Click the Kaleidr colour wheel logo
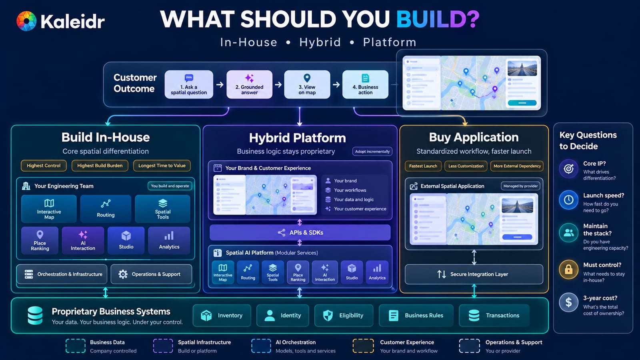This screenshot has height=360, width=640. point(26,21)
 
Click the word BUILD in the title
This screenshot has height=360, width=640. point(438,19)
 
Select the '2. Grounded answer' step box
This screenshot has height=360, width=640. point(250,84)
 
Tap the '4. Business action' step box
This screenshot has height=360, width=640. point(365,84)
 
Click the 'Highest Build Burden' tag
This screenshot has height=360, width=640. point(100,166)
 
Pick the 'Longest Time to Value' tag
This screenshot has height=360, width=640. point(162,166)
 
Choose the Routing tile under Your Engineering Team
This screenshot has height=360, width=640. point(106,208)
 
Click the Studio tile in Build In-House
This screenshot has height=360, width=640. point(126,240)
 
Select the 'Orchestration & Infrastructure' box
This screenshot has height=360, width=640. point(62,274)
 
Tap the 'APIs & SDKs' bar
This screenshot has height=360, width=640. point(300,232)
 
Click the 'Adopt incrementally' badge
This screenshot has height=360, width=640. point(372,152)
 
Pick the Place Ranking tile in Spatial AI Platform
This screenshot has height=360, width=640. point(298,272)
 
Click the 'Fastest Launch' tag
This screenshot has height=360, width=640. point(423,166)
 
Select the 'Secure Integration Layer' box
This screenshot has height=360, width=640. point(474,274)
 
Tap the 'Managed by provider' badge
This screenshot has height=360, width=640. point(520,186)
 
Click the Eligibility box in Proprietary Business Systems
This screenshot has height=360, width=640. point(344,316)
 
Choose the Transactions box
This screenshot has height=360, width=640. point(494,316)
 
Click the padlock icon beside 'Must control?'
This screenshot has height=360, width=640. point(568,269)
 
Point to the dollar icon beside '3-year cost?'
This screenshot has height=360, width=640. point(568,302)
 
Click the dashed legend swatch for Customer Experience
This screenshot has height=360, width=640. point(363,346)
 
